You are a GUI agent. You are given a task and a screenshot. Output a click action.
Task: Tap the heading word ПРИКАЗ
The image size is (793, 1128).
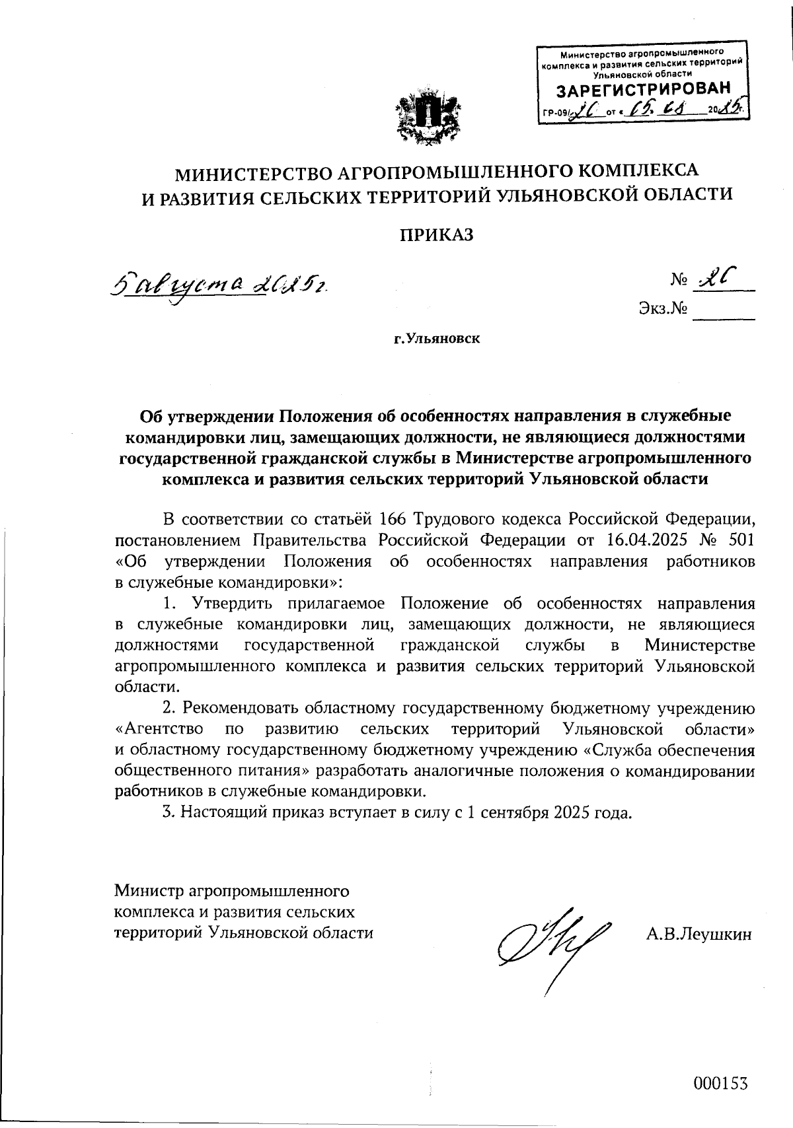[437, 234]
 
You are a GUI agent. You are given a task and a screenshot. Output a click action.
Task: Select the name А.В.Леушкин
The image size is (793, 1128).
[699, 934]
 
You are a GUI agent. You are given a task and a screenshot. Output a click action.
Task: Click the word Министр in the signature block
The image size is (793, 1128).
[149, 892]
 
